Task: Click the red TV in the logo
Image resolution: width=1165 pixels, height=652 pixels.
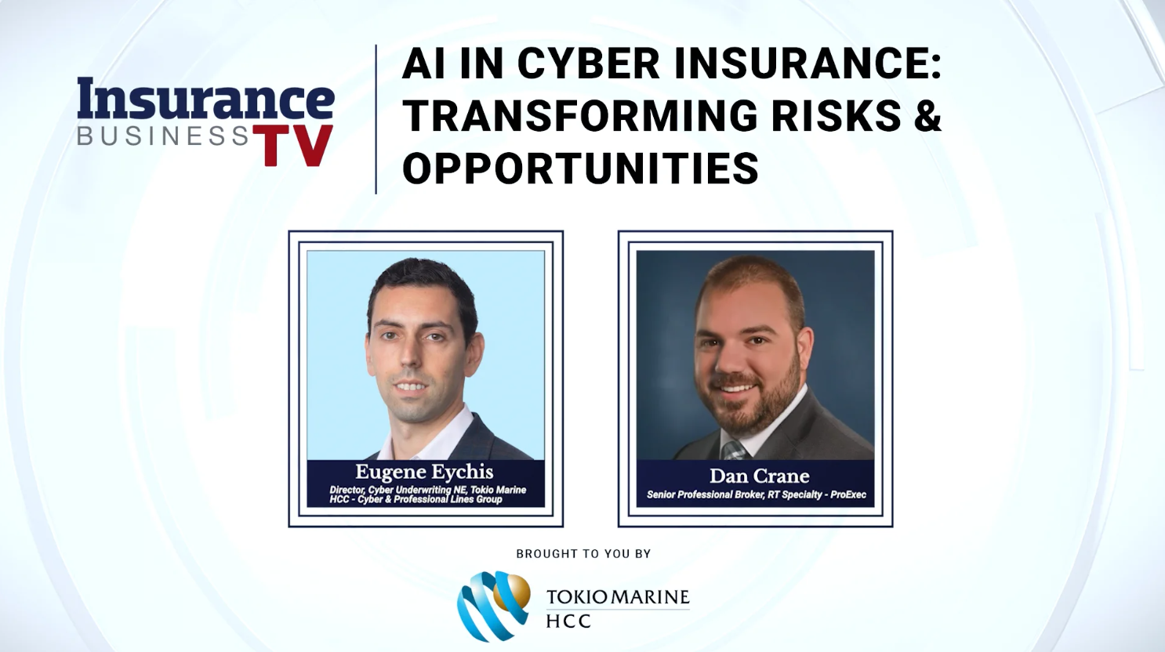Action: (292, 145)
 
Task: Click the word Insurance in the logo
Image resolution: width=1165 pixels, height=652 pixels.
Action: (206, 100)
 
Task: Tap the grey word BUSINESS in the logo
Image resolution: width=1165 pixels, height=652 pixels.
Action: (163, 136)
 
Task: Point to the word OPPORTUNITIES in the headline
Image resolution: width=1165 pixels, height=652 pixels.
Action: (580, 168)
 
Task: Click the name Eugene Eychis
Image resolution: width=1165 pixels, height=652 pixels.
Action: (424, 472)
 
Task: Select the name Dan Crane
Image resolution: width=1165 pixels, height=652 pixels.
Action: (760, 476)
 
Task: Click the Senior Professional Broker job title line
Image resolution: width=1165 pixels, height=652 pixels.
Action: (757, 494)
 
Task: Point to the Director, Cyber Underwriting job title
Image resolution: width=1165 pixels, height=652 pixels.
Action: (427, 494)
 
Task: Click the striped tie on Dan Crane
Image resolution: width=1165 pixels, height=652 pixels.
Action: (734, 450)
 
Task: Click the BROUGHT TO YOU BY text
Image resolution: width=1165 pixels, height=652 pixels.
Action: (583, 554)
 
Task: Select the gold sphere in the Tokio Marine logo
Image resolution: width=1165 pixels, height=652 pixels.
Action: (512, 592)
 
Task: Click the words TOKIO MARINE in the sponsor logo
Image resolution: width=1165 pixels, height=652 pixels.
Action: (618, 597)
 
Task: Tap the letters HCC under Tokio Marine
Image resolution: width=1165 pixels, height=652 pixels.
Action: (568, 621)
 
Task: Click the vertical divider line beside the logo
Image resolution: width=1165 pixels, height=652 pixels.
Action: (376, 119)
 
